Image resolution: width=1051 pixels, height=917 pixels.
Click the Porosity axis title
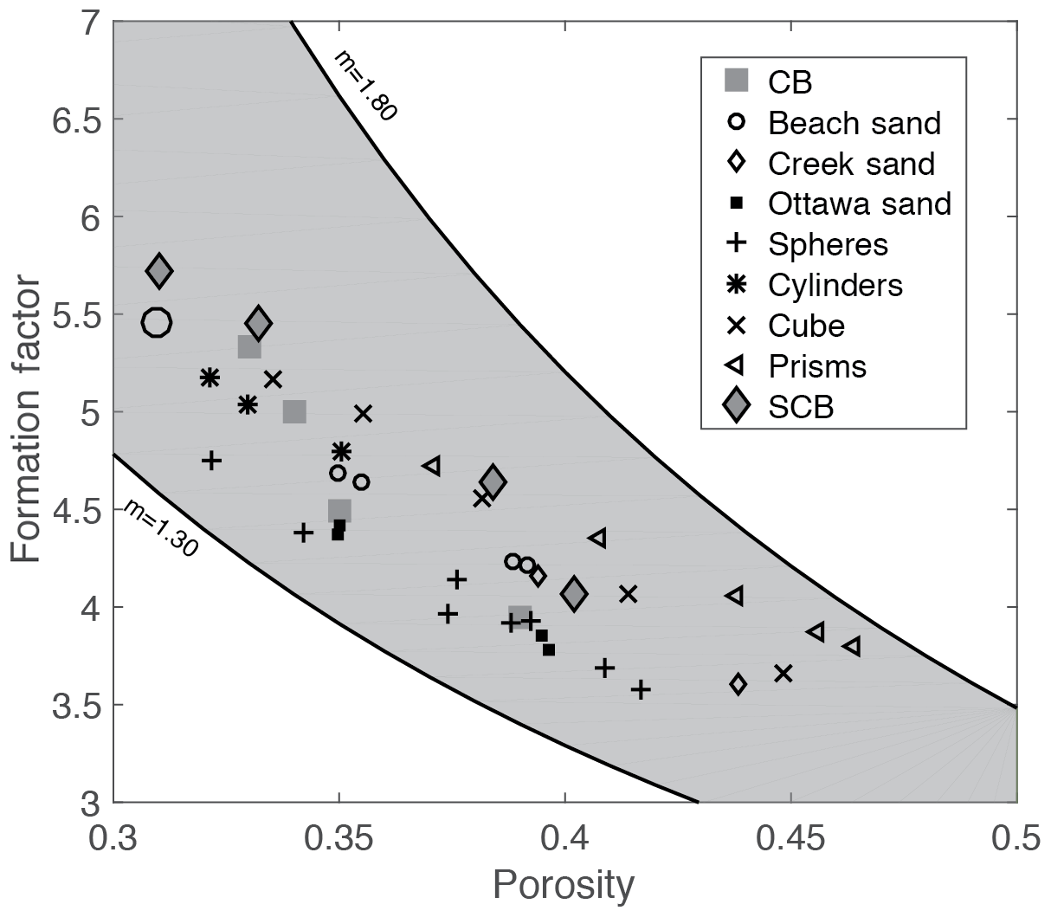tap(564, 885)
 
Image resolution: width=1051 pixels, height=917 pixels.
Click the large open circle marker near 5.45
tap(157, 323)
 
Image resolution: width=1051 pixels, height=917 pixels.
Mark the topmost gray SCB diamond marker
tap(159, 271)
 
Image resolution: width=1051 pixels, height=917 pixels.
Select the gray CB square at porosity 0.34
tap(294, 411)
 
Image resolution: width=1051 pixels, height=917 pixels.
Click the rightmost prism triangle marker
tap(852, 646)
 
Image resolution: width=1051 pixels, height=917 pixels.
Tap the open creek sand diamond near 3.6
tap(738, 684)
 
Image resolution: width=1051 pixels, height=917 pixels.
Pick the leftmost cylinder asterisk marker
tap(210, 378)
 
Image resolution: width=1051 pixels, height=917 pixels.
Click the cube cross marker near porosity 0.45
tap(783, 673)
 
